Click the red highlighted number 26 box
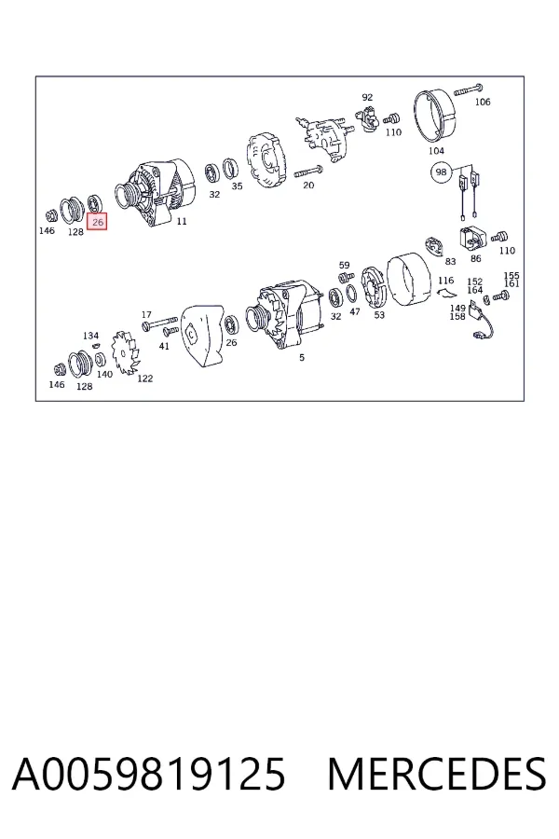point(97,222)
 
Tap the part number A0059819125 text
point(149,775)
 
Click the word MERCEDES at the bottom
point(437,775)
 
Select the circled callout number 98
point(441,172)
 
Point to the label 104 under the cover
point(437,151)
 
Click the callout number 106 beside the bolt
point(483,102)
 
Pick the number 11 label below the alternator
point(182,221)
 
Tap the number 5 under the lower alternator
point(302,357)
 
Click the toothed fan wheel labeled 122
point(125,351)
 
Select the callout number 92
point(367,97)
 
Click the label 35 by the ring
point(237,186)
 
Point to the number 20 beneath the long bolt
point(308,186)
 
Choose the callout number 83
point(450,261)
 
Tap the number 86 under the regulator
point(475,258)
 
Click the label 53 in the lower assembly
point(379,315)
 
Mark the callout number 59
point(345,265)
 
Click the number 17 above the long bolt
point(146,315)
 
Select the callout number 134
point(91,336)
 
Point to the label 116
point(445,281)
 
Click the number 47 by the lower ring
point(355,311)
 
